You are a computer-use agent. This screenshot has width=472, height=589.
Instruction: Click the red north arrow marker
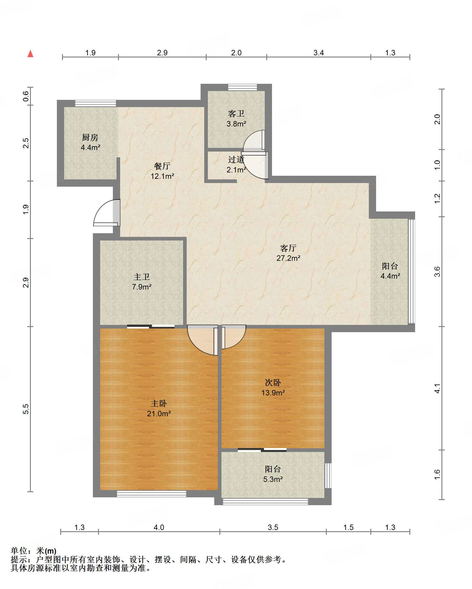tap(30, 54)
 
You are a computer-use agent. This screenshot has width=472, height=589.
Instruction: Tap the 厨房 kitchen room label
tap(90, 138)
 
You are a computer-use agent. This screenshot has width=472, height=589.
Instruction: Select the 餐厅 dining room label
tap(162, 166)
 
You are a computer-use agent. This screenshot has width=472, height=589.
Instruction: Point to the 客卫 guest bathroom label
tap(236, 114)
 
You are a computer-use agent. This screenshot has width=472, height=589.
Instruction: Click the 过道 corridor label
tap(236, 159)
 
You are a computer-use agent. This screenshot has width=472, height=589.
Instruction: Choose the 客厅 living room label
tap(288, 248)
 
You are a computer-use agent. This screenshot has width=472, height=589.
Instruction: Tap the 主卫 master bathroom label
tap(142, 277)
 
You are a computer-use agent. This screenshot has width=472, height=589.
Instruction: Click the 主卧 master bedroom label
tap(159, 404)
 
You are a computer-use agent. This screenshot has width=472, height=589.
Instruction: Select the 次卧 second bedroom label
tap(273, 383)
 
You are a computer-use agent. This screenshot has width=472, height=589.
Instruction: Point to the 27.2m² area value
tap(288, 258)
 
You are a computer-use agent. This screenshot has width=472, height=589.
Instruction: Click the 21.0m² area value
tap(159, 414)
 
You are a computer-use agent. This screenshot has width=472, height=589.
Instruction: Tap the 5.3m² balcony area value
tap(273, 479)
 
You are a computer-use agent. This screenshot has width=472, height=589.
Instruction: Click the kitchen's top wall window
tap(96, 103)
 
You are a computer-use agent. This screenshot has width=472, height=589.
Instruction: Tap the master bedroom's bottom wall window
tap(152, 494)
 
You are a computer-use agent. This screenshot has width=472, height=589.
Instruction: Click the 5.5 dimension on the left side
tap(26, 409)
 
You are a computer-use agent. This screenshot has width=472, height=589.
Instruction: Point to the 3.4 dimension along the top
tap(319, 53)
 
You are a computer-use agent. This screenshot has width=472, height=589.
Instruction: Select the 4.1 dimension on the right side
tap(437, 388)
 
